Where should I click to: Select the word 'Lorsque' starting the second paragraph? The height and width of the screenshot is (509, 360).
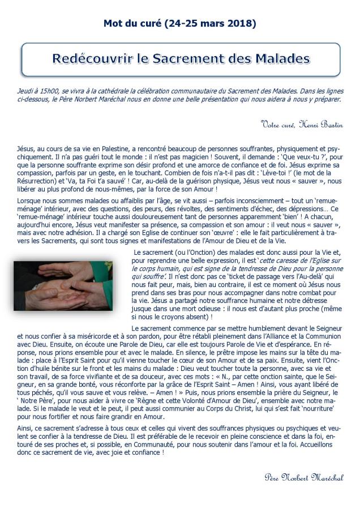pyautogui.click(x=29, y=201)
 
